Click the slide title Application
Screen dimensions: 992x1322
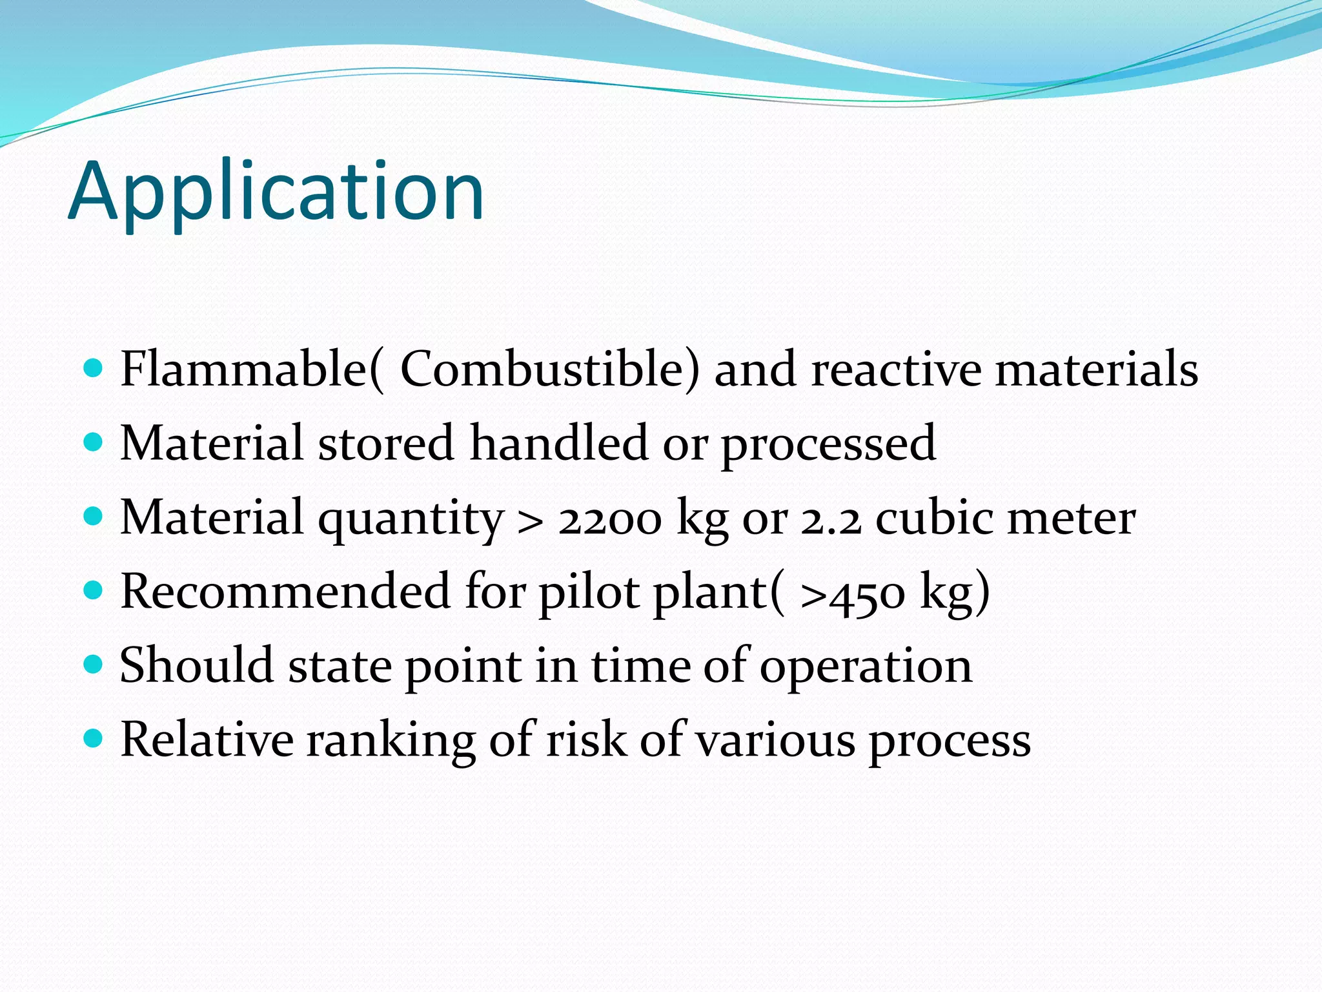click(276, 192)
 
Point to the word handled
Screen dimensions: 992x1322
click(558, 443)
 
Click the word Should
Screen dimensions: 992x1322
click(197, 665)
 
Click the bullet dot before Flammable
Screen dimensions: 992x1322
click(94, 369)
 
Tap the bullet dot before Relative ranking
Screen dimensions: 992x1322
click(94, 738)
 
